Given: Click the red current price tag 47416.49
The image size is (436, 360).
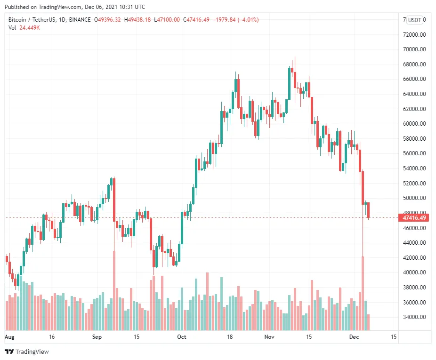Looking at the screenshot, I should [414, 217].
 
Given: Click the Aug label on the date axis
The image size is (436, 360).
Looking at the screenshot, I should [9, 337].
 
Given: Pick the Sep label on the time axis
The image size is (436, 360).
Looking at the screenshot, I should [97, 337].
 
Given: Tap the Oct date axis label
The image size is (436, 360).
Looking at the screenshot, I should [182, 337].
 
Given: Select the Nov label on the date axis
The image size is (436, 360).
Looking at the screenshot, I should [269, 337].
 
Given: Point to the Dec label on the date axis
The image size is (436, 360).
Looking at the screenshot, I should [354, 337].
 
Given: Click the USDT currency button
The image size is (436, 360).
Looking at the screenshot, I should [415, 20].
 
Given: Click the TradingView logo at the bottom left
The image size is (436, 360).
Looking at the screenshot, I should [27, 352].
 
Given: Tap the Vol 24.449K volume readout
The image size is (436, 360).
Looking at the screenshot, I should [24, 28].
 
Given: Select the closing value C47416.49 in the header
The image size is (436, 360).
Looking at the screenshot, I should [197, 20].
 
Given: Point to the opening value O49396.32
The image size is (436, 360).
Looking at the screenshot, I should [107, 20].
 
